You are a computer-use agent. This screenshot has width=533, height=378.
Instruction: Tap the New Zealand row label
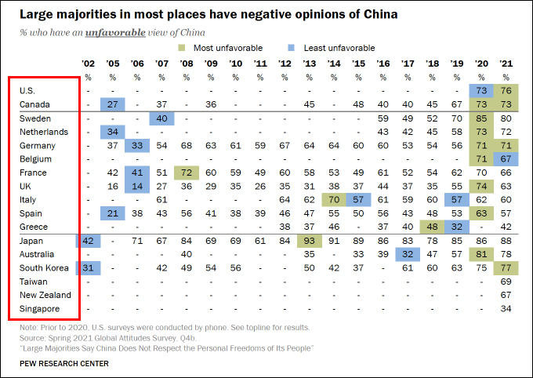pos(45,295)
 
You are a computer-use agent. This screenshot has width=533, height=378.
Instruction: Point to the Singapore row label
pos(38,309)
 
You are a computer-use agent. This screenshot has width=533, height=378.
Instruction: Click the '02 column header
pos(88,63)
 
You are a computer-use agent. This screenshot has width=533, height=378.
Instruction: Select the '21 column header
pos(506,63)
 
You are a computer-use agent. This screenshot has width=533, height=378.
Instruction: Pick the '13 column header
pos(310,63)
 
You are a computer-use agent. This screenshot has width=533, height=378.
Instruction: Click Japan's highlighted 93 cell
pos(310,241)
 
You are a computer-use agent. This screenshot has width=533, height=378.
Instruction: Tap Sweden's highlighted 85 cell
pos(481,118)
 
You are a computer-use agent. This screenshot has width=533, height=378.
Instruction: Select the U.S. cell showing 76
pos(506,91)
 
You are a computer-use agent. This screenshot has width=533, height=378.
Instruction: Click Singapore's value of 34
pos(506,309)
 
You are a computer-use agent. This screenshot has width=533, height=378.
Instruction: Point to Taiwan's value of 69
pos(506,282)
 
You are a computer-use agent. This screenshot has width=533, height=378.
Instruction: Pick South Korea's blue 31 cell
pos(88,267)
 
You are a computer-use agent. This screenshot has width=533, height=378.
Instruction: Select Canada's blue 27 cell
pos(113,104)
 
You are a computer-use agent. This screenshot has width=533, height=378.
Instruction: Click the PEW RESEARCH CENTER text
pos(64,364)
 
